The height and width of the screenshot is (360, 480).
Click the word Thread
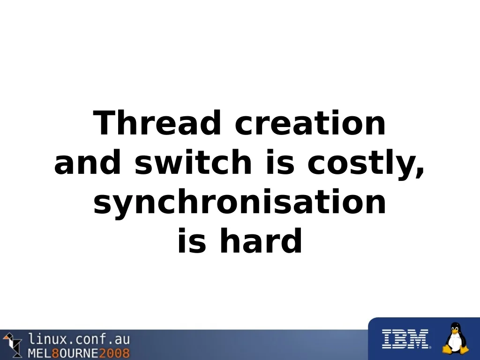click(x=157, y=122)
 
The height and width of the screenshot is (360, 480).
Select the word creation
click(x=310, y=123)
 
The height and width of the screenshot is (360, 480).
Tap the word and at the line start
click(x=88, y=162)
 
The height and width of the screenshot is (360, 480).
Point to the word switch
click(x=193, y=162)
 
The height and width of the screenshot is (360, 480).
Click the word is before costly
click(x=280, y=162)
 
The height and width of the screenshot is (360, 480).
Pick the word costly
click(x=361, y=165)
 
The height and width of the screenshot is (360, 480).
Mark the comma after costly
click(x=420, y=172)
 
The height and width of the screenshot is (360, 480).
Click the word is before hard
click(x=192, y=240)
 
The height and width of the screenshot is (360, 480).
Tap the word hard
click(x=261, y=240)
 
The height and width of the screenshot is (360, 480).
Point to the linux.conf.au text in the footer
click(x=79, y=339)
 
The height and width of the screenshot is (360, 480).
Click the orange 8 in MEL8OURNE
click(x=55, y=353)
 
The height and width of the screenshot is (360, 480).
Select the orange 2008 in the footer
click(x=114, y=353)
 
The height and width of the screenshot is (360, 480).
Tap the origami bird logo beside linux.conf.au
click(x=13, y=345)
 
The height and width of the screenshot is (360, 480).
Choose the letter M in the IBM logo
click(x=418, y=339)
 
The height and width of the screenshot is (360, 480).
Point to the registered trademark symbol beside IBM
click(x=430, y=347)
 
